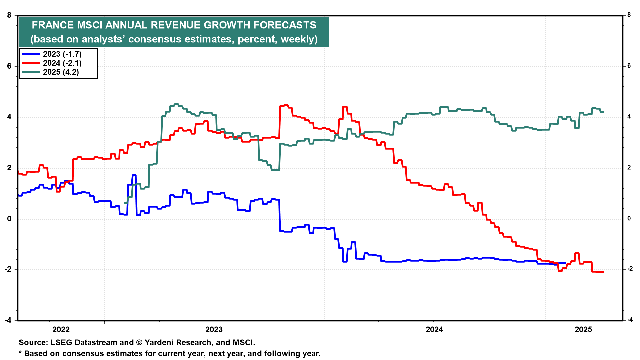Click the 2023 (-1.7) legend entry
62,54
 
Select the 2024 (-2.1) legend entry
62,63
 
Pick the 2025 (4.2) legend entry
61,72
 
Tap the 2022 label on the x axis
61,330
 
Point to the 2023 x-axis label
214,330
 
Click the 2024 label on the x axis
434,330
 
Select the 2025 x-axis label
583,330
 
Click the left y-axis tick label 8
9,15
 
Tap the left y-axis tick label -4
8,320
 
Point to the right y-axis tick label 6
629,66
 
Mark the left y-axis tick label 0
9,219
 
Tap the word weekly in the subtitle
298,39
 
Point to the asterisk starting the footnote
20,353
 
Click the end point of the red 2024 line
603,272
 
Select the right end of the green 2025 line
603,112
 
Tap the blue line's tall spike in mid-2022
134,175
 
